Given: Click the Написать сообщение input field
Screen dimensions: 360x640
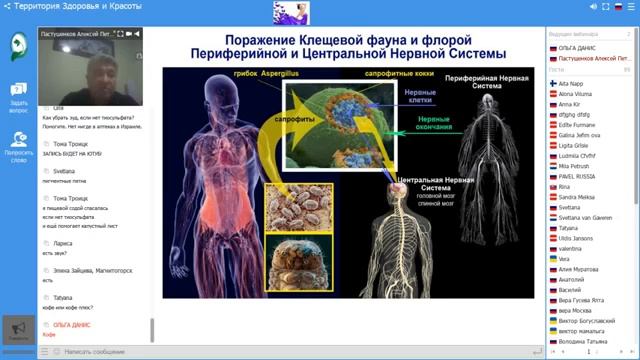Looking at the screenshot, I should click(100, 352).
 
